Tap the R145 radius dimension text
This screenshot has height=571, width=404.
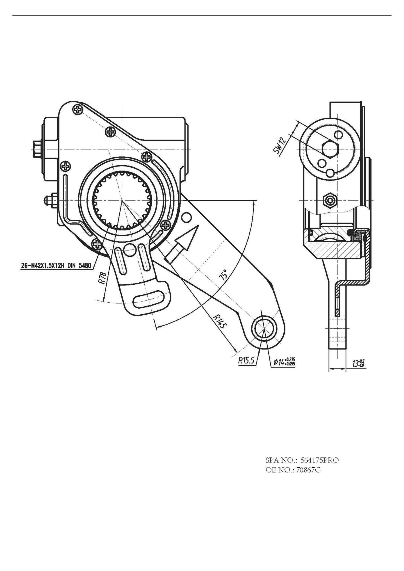[x=219, y=322]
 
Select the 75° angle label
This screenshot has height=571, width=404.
[x=223, y=274]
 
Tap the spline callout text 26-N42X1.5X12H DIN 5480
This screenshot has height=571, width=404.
[x=56, y=266]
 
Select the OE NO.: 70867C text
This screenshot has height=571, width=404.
[x=293, y=470]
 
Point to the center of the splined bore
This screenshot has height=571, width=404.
[x=122, y=201]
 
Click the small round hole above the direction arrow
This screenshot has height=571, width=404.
[x=186, y=218]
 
